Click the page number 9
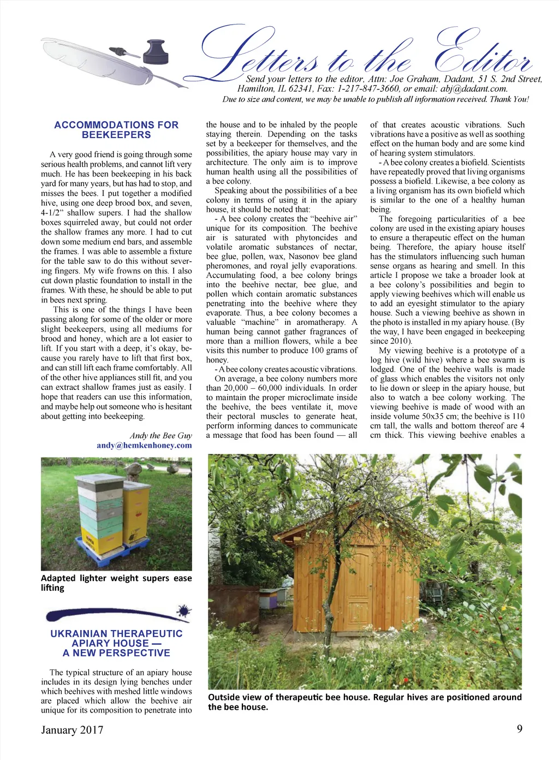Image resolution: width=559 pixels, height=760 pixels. (519, 728)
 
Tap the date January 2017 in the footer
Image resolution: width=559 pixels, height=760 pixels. (72, 730)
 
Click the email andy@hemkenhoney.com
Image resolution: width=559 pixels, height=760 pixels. (144, 445)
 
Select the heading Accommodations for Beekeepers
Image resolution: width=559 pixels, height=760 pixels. (116, 130)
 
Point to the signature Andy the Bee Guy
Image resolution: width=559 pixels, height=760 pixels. (160, 435)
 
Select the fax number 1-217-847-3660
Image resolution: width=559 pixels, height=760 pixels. (368, 88)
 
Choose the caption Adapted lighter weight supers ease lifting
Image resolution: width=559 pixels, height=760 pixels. (116, 583)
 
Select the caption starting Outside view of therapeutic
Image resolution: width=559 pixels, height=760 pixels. (365, 702)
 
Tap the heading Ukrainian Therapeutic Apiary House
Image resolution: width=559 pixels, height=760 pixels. (116, 643)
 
